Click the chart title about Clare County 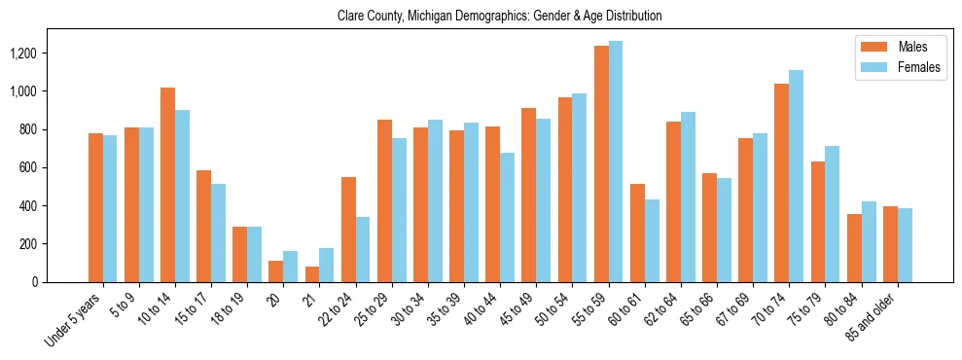499,16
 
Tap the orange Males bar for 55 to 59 601,163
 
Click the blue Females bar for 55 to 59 616,162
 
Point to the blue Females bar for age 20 291,267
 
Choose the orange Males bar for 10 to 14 167,185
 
